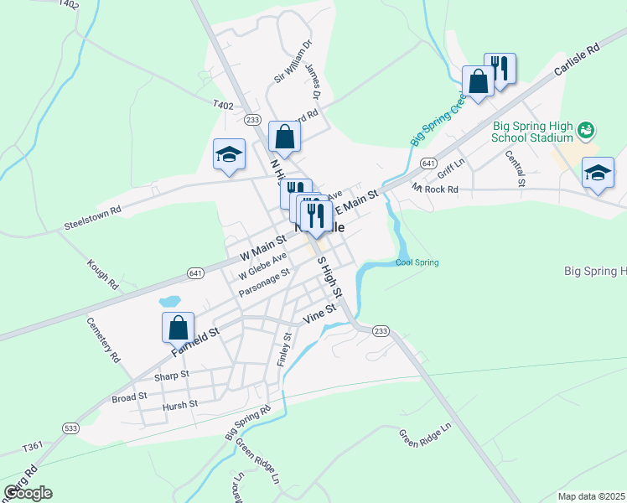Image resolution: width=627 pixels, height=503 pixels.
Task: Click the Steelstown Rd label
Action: point(93,218)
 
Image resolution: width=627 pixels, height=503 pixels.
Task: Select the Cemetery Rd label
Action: point(103,339)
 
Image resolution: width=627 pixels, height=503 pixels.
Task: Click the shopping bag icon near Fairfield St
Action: point(179,327)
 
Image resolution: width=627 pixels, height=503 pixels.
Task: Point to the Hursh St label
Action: point(180,404)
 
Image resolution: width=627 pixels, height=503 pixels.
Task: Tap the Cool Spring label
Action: point(417,263)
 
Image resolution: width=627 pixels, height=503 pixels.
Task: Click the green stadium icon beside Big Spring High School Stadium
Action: point(587,130)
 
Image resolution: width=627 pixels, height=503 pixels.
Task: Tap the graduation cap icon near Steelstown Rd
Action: point(229,154)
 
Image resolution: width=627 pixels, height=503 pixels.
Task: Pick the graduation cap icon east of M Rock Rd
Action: point(597,173)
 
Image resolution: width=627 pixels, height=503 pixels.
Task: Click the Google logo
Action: point(27,492)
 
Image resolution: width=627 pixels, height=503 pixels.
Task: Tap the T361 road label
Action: point(33,446)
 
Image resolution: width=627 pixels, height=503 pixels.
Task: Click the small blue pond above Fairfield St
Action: point(169,301)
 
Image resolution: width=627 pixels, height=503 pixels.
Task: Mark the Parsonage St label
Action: point(264,283)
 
